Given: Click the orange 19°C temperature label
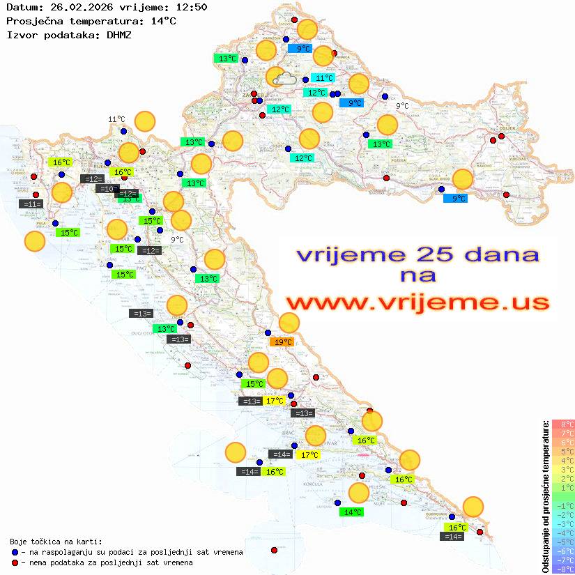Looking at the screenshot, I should tap(282, 342).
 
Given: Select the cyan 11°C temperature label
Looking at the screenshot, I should tap(323, 78).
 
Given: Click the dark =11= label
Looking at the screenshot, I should tap(31, 204).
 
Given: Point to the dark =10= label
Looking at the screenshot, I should tap(107, 189).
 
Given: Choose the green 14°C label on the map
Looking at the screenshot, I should tap(353, 512).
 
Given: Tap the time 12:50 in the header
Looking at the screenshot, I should tap(191, 8).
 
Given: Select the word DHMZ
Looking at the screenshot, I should tap(118, 34).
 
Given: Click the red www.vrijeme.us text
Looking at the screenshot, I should tap(417, 302).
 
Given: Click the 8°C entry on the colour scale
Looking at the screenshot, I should tap(563, 424).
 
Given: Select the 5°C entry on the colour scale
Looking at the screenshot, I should tap(563, 452).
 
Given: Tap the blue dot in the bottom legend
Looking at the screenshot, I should tap(15, 552).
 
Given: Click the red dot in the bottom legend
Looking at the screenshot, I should tap(15, 562).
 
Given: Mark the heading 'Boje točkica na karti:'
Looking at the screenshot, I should tap(56, 542).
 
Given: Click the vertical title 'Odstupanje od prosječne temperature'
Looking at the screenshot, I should tap(545, 496).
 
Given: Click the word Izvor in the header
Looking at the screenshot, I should tap(20, 34).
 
